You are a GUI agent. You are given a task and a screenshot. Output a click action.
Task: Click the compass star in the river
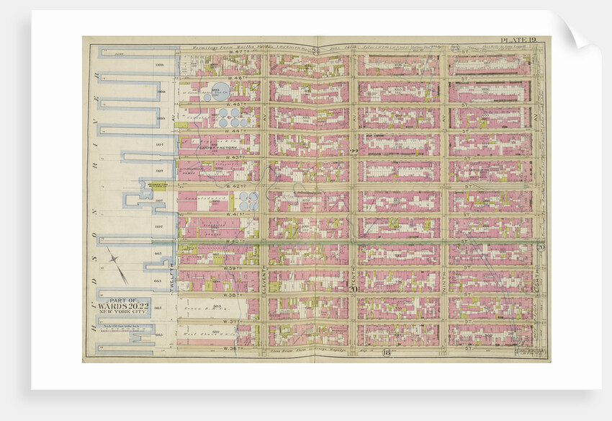pos(118,265)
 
